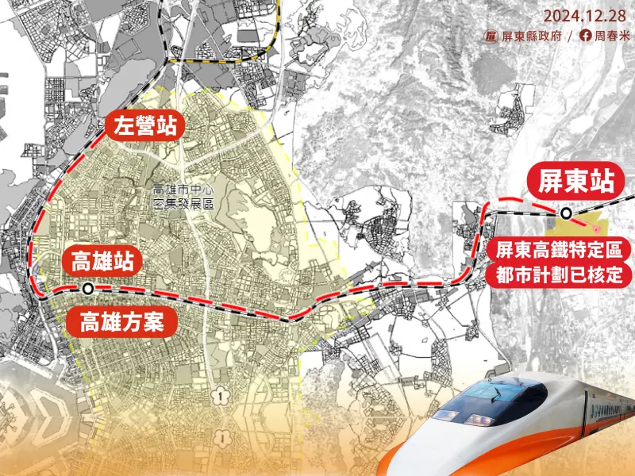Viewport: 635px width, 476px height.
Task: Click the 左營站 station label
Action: [x=144, y=125]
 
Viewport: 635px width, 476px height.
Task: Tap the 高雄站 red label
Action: [x=102, y=260]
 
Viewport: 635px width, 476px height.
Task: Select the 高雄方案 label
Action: [x=122, y=322]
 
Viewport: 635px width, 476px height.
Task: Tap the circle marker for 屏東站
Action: [x=565, y=213]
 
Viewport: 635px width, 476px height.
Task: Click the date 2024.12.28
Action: [x=585, y=15]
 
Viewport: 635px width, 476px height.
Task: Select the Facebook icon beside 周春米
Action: [x=586, y=36]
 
